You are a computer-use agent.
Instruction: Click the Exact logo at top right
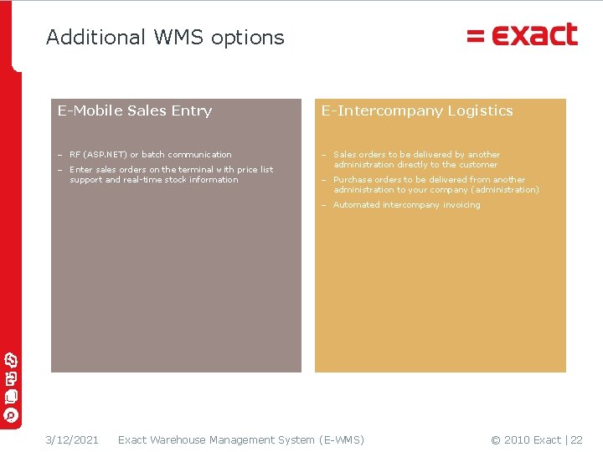tap(523, 35)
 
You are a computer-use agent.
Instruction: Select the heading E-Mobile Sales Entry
tap(135, 110)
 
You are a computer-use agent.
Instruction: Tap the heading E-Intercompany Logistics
tap(417, 110)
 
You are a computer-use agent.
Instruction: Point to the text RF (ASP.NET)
tap(98, 155)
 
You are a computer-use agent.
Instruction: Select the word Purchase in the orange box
tap(352, 180)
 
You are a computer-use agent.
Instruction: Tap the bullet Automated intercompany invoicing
tap(406, 205)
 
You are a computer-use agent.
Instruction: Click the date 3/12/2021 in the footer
tap(72, 440)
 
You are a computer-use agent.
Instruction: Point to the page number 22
tap(576, 440)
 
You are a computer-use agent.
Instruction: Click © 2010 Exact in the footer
tap(526, 440)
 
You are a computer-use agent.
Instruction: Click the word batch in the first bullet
tap(154, 155)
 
